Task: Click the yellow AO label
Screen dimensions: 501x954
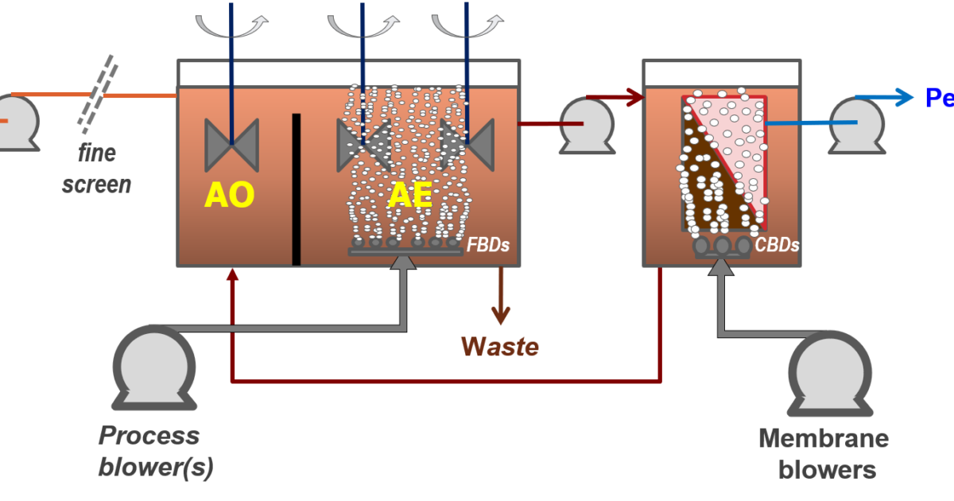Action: [229, 195]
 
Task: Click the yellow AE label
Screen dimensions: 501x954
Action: [410, 195]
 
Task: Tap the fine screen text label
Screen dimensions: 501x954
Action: [97, 169]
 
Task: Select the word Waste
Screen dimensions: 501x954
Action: [500, 347]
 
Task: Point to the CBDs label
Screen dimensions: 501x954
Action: [778, 245]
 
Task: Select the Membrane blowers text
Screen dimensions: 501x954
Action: [824, 454]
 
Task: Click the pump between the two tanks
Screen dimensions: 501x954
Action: [587, 123]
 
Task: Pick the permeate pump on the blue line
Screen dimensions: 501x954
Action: [857, 123]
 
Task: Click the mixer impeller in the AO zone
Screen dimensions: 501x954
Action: [231, 144]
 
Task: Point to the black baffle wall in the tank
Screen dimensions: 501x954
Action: [296, 188]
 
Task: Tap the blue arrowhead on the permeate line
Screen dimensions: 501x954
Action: [903, 97]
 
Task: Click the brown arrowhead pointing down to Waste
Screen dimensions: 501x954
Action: [500, 317]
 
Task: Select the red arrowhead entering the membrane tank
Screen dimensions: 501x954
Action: [634, 98]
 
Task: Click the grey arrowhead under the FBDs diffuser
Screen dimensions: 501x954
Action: [405, 263]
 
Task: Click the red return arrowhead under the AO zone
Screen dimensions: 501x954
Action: [232, 275]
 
